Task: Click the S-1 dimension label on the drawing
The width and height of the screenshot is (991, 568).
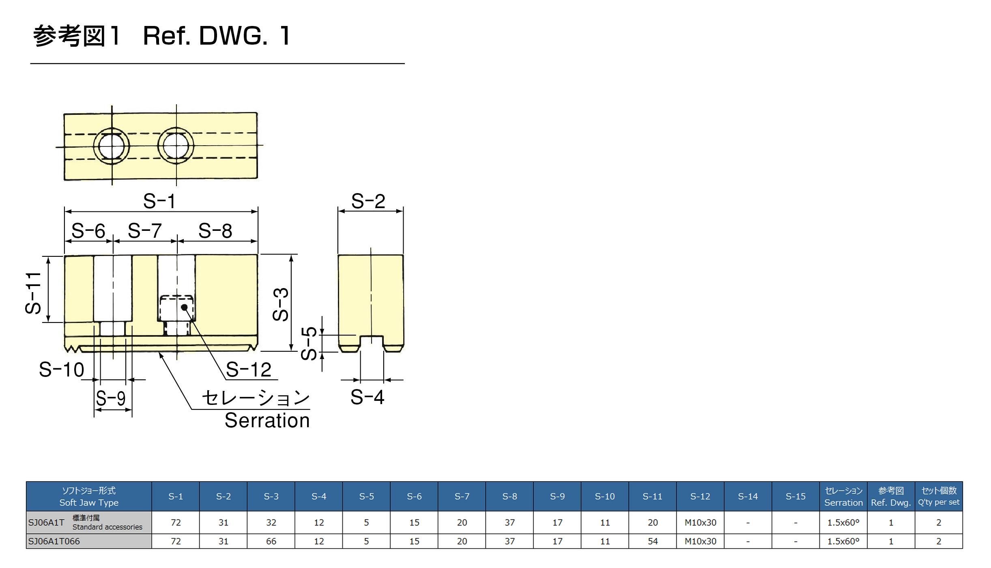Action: click(x=159, y=201)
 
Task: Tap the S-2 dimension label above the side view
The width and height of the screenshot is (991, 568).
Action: click(x=368, y=201)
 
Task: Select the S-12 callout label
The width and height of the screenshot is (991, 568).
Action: click(x=248, y=370)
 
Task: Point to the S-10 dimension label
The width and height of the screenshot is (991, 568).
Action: click(x=62, y=370)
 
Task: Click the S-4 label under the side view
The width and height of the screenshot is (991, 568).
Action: click(x=367, y=397)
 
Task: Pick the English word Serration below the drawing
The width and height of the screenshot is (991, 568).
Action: click(x=267, y=421)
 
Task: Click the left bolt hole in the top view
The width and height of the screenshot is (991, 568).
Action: click(x=112, y=146)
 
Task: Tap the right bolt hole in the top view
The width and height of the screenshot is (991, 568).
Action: click(x=176, y=146)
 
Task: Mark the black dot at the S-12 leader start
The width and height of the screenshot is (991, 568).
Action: click(x=184, y=307)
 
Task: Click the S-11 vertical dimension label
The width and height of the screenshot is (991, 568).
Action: click(x=33, y=293)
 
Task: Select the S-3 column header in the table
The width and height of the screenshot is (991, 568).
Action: click(x=271, y=496)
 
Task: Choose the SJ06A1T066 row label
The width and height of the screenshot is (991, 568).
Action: click(x=54, y=541)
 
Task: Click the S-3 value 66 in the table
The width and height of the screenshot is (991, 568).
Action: click(x=271, y=541)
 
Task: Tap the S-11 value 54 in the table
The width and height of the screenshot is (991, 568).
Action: click(x=653, y=541)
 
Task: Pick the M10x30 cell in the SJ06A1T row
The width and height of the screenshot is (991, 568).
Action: click(x=700, y=523)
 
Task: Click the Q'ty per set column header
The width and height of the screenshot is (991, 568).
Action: click(x=939, y=497)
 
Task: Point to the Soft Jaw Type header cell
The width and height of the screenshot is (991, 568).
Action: click(x=89, y=497)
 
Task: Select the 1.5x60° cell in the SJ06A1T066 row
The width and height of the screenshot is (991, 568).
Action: click(x=843, y=541)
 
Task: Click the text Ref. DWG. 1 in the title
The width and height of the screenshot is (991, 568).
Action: click(x=217, y=36)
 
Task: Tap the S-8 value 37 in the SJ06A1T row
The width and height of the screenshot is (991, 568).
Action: click(x=509, y=523)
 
